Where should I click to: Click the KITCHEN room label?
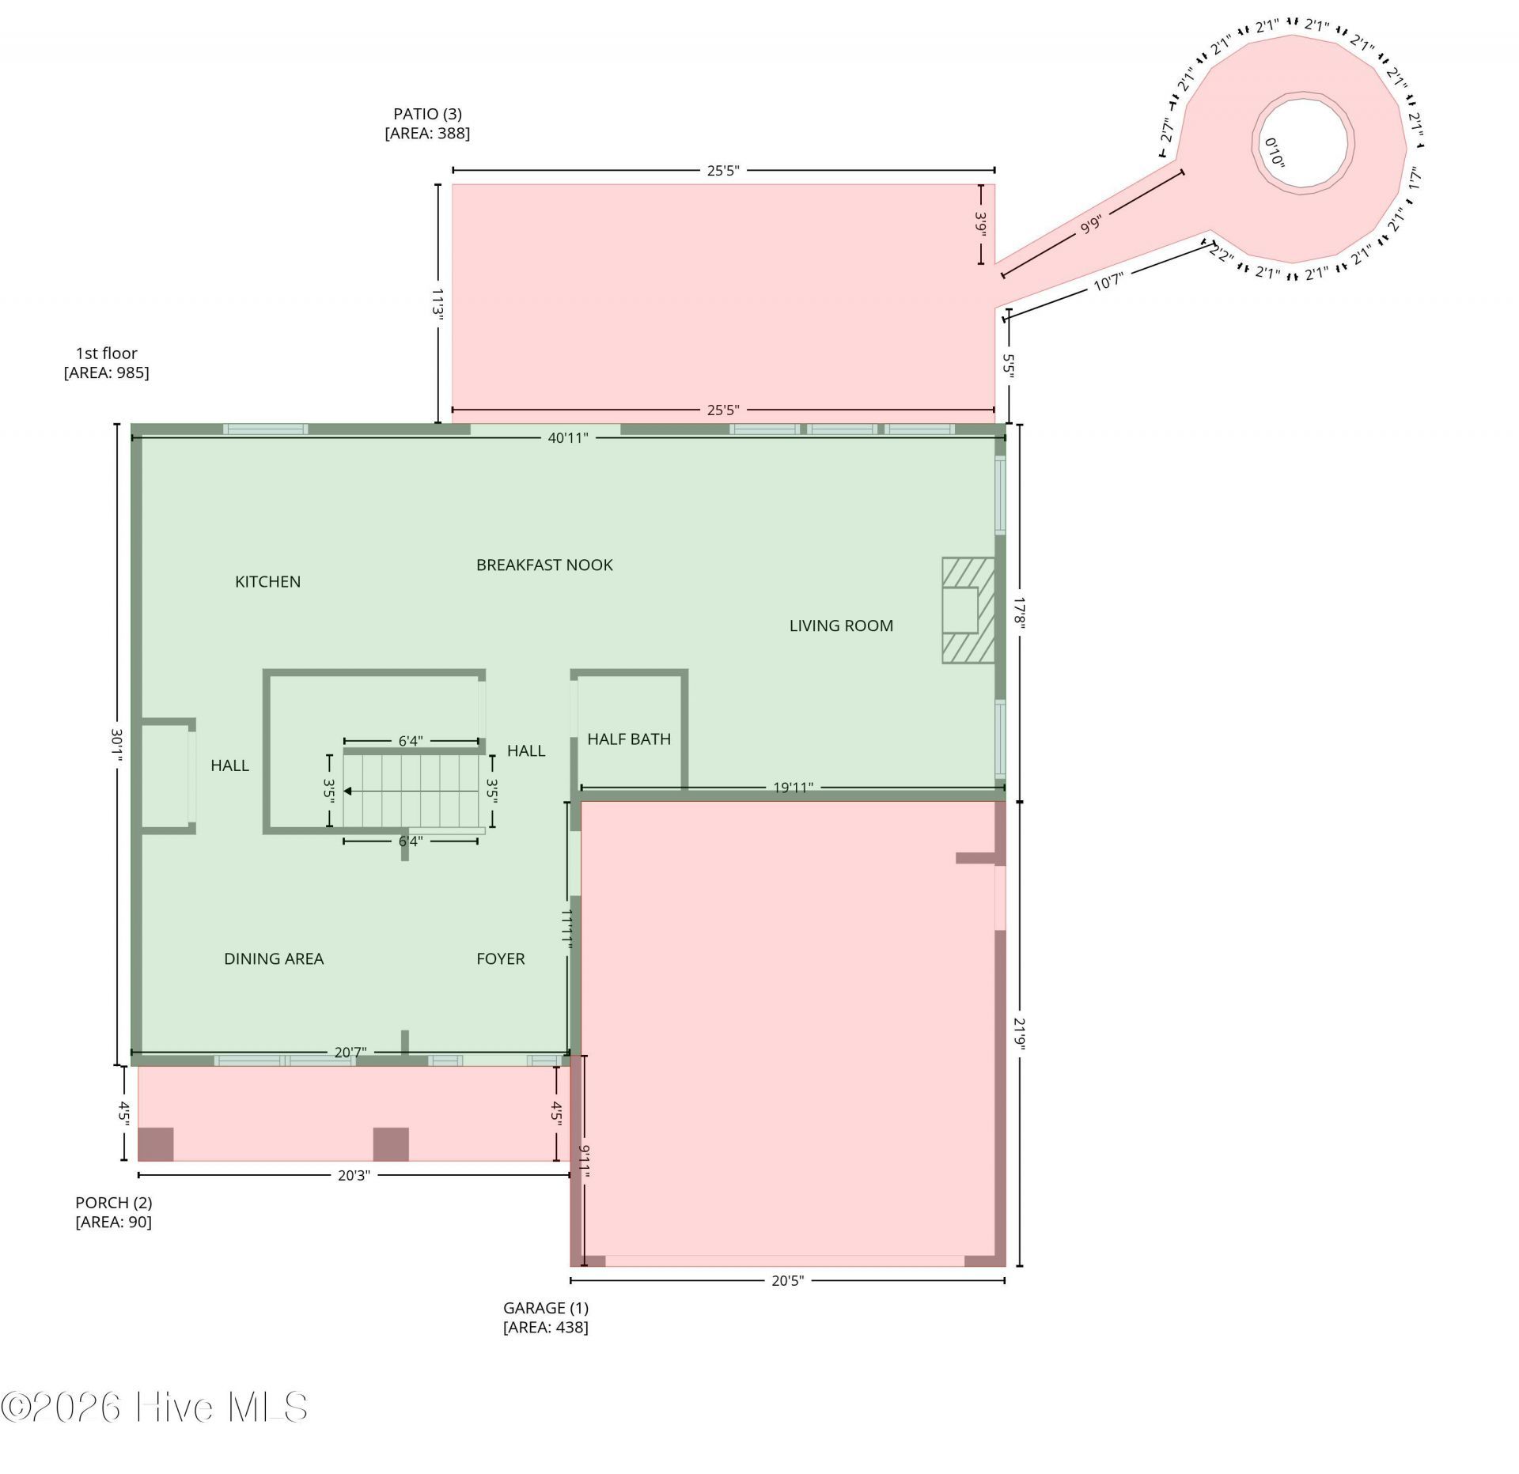[267, 582]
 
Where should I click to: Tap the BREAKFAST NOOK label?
[544, 565]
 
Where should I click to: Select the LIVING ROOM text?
[841, 626]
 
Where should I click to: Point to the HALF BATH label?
[629, 739]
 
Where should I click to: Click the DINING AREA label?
[274, 959]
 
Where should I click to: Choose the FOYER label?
[500, 959]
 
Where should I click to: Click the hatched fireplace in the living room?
[968, 610]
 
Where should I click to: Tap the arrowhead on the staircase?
[348, 791]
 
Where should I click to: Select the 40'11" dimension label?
[568, 438]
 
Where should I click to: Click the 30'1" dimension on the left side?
[117, 745]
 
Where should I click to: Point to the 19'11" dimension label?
[793, 788]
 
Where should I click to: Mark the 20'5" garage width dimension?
[787, 1280]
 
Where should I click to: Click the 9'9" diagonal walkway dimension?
[1091, 225]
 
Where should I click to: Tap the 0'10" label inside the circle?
[1275, 152]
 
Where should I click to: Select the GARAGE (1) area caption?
[546, 1318]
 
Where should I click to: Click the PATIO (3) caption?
[427, 124]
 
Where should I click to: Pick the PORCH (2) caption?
[114, 1212]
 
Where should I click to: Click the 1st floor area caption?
[106, 363]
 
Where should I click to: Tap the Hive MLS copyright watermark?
[154, 1408]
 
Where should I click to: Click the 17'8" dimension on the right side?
[1020, 613]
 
